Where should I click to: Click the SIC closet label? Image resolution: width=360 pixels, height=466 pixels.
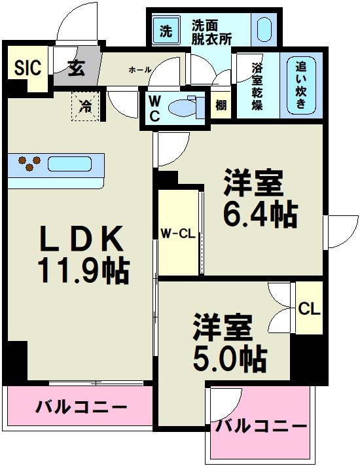27,67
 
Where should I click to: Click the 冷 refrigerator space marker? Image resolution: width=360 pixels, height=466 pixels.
86,105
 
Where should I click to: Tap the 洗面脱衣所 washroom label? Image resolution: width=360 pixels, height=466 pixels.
211,31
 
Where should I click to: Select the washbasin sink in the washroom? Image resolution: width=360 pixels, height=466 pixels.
263,30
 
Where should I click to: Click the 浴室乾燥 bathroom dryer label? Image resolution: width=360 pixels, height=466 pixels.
257,85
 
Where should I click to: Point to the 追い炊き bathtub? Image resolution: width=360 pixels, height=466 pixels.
302,85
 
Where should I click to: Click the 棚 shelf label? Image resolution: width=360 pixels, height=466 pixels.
221,105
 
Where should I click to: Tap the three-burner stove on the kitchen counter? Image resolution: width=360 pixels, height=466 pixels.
27,162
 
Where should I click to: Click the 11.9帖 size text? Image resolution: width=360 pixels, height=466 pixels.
82,268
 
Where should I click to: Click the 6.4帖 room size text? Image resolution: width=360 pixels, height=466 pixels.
260,214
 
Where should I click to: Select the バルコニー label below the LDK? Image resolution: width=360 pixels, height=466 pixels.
81,406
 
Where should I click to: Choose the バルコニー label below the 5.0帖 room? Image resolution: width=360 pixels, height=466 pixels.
261,426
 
